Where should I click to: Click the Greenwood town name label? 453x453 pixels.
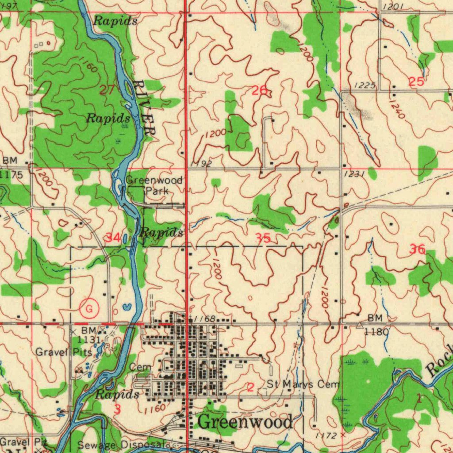click(245, 422)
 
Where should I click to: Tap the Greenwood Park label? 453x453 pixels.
click(148, 186)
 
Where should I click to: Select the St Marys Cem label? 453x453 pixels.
click(303, 384)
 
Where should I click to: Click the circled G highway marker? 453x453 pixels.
click(89, 309)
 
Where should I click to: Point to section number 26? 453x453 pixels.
click(260, 91)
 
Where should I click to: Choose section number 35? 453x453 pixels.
click(263, 238)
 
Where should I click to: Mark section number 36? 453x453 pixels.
click(417, 250)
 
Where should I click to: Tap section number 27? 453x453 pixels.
click(107, 90)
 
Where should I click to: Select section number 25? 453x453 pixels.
click(416, 81)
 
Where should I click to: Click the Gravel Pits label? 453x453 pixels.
click(64, 352)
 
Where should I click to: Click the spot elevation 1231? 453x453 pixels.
click(353, 175)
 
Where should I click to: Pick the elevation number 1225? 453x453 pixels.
click(365, 85)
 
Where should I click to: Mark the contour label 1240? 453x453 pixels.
click(397, 108)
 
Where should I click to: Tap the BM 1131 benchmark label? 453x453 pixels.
click(90, 335)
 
